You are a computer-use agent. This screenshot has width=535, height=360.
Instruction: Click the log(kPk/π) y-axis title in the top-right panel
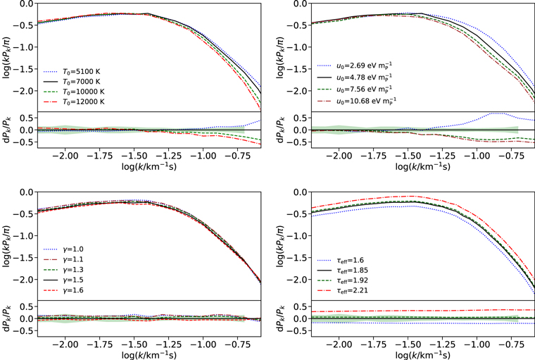click(x=284, y=55)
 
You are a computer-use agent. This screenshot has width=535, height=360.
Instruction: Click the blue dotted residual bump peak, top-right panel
click(x=496, y=113)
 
